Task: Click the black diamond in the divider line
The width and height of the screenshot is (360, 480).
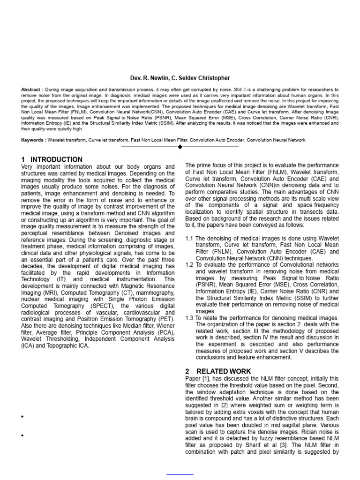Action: point(180,147)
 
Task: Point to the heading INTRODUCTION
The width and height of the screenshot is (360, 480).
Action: point(56,159)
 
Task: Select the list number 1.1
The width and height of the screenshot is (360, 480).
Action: point(189,239)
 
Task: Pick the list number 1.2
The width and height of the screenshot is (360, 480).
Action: point(189,265)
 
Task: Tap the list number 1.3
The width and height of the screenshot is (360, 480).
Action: point(189,318)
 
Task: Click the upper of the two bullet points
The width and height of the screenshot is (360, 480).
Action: point(22,417)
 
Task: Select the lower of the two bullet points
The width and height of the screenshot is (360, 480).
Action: point(22,436)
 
